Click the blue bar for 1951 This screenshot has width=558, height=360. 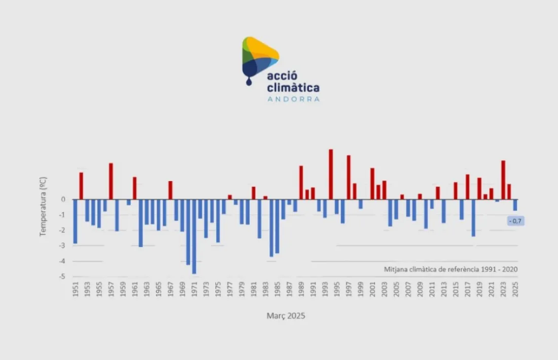(x=75, y=221)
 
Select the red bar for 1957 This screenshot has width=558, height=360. (x=111, y=181)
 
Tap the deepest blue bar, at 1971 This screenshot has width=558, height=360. (x=194, y=236)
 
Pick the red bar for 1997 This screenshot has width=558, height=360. (x=348, y=177)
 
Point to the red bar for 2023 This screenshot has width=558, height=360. (x=503, y=179)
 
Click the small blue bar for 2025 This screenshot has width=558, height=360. (x=515, y=205)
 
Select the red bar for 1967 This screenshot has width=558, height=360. (x=170, y=190)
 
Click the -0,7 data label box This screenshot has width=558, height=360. (x=515, y=221)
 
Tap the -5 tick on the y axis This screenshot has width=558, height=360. (x=63, y=277)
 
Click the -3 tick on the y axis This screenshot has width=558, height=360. (x=63, y=246)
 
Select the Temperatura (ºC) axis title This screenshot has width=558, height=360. (x=43, y=206)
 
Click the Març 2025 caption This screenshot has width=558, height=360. (x=286, y=316)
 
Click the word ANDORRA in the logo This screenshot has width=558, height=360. (x=293, y=99)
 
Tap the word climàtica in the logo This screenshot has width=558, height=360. (x=293, y=88)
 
